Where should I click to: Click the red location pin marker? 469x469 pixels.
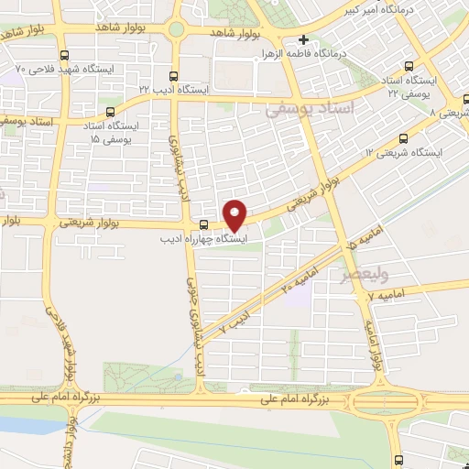tap(235, 215)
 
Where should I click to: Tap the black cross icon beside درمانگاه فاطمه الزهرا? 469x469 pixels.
tap(304, 40)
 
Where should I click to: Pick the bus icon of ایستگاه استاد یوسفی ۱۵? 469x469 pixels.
tap(111, 112)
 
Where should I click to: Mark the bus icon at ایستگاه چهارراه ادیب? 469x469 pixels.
tap(202, 225)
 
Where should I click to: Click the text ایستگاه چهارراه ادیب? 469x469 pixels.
tap(211, 240)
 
